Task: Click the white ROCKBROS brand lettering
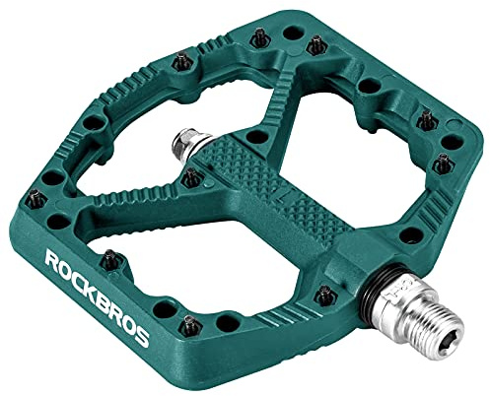97,297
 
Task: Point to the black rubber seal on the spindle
374,289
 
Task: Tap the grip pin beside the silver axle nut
191,177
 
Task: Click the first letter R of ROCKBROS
52,258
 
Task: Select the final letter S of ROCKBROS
142,337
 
